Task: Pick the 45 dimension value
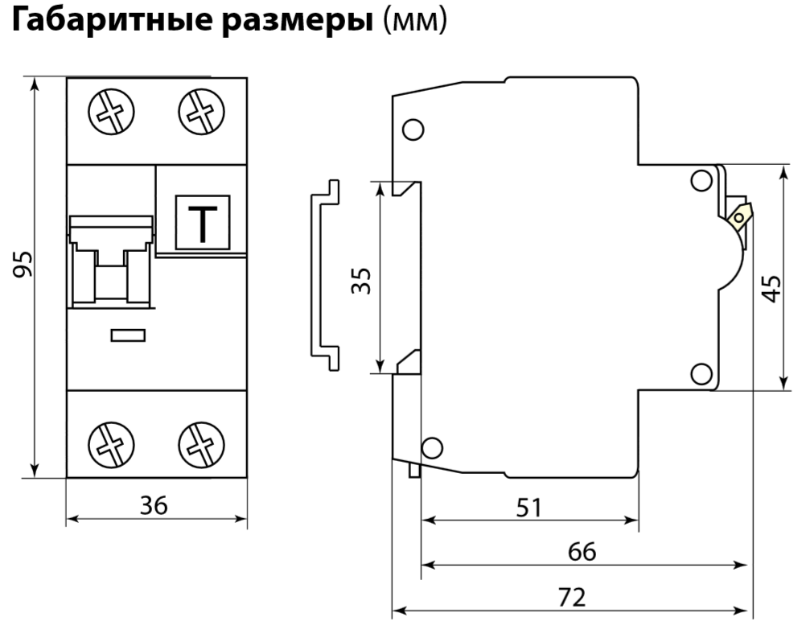pos(771,288)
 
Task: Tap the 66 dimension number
pos(582,552)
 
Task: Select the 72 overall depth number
pos(572,597)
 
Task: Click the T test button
pos(203,223)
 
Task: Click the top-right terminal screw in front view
pos(195,113)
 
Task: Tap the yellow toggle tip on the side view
pos(739,213)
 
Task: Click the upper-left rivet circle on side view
pos(413,130)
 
